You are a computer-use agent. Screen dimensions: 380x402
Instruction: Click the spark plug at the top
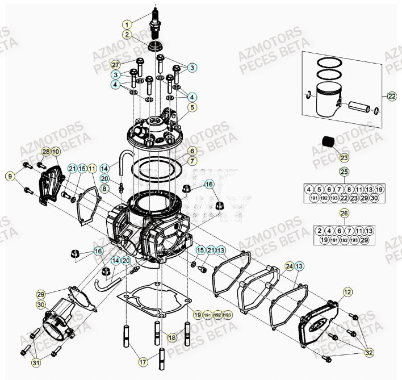click(156, 23)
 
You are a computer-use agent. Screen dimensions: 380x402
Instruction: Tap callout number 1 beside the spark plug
click(128, 24)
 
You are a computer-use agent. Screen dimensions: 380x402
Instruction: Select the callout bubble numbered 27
click(115, 64)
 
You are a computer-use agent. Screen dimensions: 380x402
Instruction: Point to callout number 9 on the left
click(10, 177)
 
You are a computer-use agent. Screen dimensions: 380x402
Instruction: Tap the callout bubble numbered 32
click(370, 353)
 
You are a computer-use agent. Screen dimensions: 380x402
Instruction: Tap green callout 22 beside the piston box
click(391, 96)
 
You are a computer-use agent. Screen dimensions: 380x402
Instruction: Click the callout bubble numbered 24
click(290, 266)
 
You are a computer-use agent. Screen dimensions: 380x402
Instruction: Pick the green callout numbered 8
click(104, 187)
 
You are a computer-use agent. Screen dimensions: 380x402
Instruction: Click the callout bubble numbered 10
click(55, 152)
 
